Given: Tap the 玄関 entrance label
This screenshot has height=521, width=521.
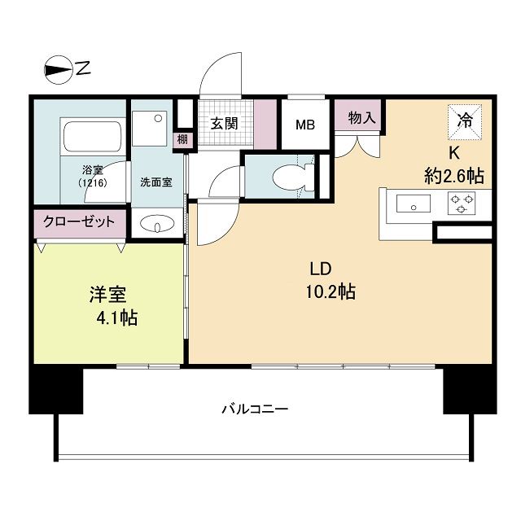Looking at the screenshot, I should coord(224,124).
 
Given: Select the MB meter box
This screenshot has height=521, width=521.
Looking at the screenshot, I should coord(305,125).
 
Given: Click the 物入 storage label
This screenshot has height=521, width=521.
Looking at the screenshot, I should coord(361,118).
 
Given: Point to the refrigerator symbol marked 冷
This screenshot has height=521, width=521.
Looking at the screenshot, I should coord(465,121).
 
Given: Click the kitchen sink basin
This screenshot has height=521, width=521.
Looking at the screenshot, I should coord(414,204).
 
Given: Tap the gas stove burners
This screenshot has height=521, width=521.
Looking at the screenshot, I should coord(462,204).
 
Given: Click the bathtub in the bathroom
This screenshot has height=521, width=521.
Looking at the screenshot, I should coord(92,134).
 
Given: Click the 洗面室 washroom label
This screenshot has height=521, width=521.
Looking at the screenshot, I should coord(155,182).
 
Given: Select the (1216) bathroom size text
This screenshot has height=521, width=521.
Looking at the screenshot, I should coord(92,183).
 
